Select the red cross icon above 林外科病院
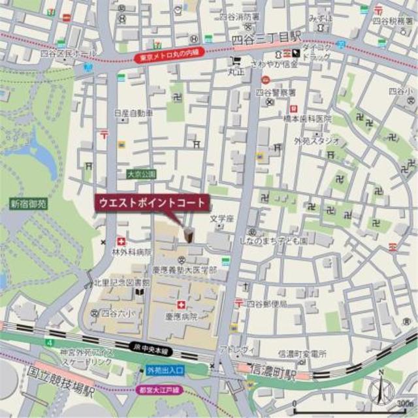point(121,240)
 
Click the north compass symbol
point(382,389)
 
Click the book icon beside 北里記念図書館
point(138,293)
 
